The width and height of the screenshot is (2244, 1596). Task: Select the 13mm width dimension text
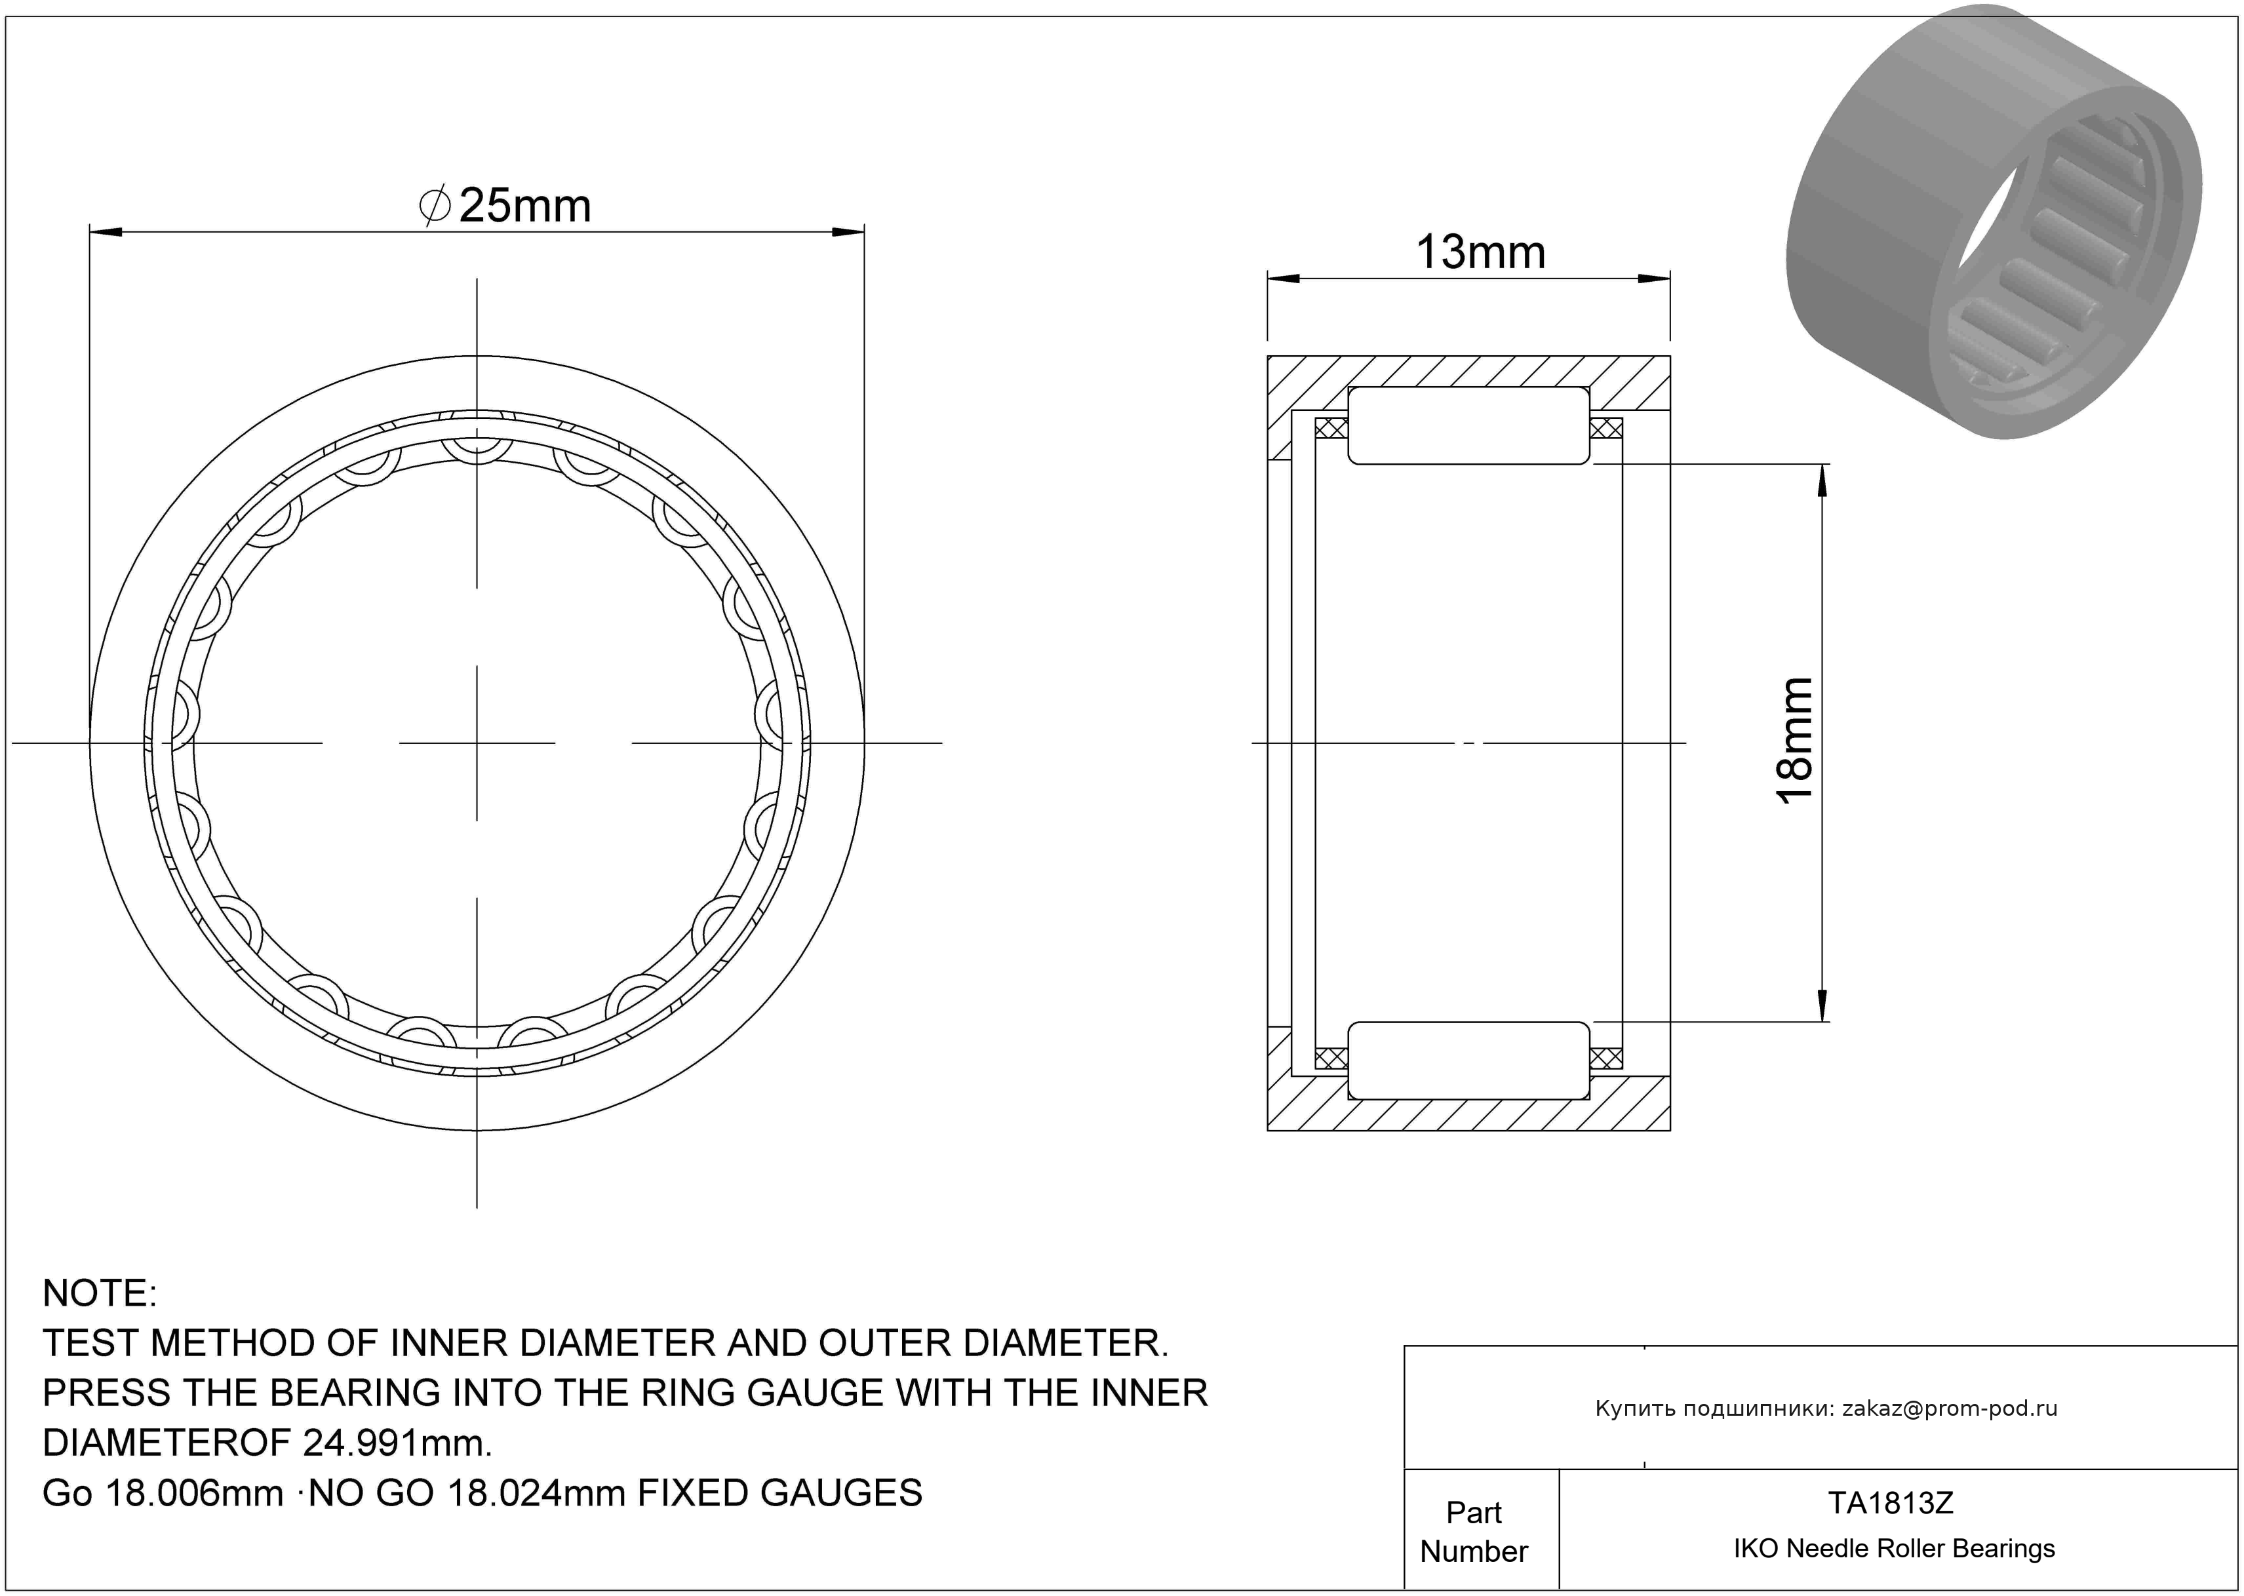1480,252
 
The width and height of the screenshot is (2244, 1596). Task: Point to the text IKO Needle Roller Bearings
1893,1549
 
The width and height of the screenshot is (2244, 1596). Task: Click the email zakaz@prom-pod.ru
1949,1409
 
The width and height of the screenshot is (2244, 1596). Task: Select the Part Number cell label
1474,1531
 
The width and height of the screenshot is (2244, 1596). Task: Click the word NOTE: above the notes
99,1293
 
